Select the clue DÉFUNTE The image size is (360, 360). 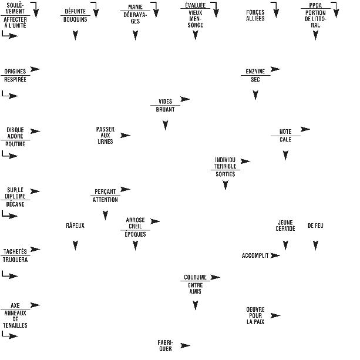click(x=75, y=11)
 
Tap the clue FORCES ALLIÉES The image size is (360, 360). click(x=255, y=15)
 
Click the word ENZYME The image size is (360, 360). click(x=255, y=71)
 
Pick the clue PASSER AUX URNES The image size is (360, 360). click(x=105, y=135)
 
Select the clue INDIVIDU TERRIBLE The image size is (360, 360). click(x=226, y=163)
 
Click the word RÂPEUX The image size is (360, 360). click(x=75, y=226)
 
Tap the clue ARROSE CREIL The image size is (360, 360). click(x=135, y=223)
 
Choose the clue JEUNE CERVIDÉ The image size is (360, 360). click(x=285, y=226)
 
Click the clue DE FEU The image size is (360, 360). click(x=315, y=226)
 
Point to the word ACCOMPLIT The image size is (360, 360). click(x=255, y=255)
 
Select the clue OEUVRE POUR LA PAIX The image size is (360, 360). click(x=255, y=315)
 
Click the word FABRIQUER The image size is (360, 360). click(x=165, y=345)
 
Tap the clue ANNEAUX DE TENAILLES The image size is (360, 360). click(x=15, y=319)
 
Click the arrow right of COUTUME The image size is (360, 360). click(x=215, y=277)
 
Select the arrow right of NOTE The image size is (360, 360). click(x=305, y=129)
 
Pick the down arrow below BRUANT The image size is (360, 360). click(x=165, y=125)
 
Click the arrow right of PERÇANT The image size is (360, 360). click(x=125, y=189)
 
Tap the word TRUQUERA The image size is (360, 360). click(x=15, y=259)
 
